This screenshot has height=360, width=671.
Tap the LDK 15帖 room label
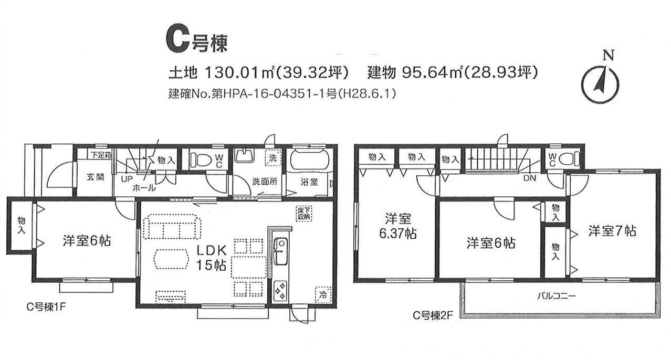(211, 258)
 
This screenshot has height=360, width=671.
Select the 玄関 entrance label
(95, 177)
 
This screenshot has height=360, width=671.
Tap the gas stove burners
(280, 290)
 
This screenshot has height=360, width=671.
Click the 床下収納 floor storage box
(304, 213)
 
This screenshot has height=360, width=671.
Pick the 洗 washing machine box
(273, 158)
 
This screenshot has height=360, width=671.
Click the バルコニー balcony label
(556, 296)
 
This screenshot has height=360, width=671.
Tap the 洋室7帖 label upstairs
(612, 231)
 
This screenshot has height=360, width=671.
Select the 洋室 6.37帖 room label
(397, 226)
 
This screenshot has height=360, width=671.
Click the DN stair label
(529, 178)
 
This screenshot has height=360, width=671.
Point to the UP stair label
(127, 179)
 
